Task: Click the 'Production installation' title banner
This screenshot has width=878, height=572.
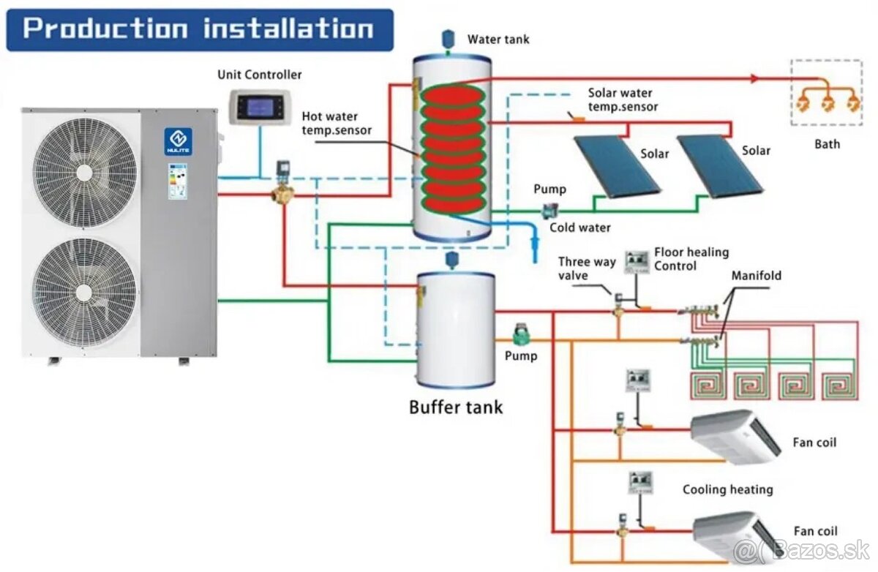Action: (199, 29)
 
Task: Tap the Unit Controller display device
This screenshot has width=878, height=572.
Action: (259, 107)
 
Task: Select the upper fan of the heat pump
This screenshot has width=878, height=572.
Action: (86, 173)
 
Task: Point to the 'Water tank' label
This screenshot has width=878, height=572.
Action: (498, 39)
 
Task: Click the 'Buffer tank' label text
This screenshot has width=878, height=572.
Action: (455, 407)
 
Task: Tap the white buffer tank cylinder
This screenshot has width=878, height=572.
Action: (455, 329)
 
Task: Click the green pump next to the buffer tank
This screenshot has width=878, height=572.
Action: (522, 335)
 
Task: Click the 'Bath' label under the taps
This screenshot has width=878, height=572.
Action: (828, 144)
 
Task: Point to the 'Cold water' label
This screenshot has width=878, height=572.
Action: (580, 227)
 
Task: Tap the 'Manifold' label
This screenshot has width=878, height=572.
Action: (756, 276)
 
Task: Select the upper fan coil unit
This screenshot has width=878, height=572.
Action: (735, 436)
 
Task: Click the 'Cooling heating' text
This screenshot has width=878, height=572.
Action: (727, 489)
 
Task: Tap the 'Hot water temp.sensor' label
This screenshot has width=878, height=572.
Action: (336, 124)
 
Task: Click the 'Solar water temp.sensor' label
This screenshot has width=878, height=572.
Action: (623, 99)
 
